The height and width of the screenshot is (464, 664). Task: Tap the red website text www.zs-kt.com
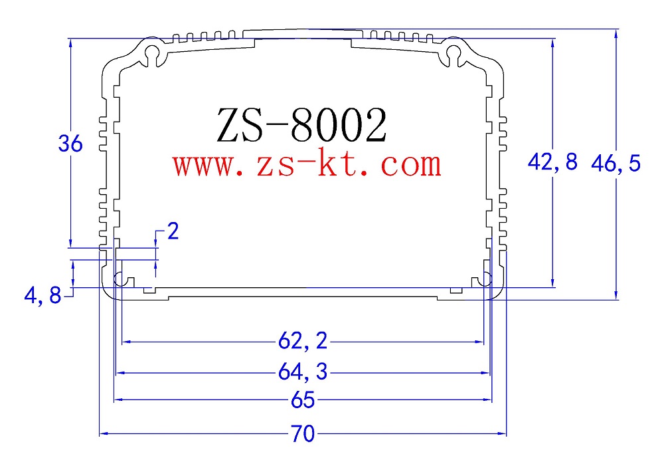tap(307, 164)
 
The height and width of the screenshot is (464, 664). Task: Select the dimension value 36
tap(70, 144)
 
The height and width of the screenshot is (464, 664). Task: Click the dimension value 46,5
tap(616, 163)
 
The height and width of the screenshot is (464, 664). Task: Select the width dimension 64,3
tap(303, 374)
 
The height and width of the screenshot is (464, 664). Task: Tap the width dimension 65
tap(303, 401)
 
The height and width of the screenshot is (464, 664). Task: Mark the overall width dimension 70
tap(302, 435)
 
